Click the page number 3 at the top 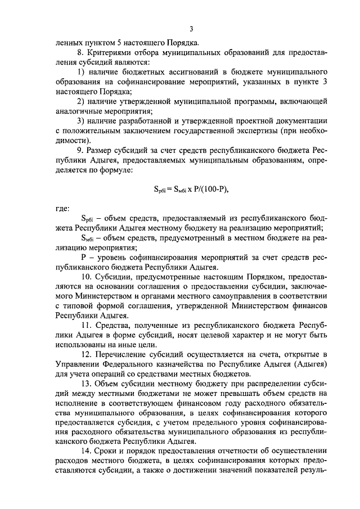(x=191, y=29)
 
